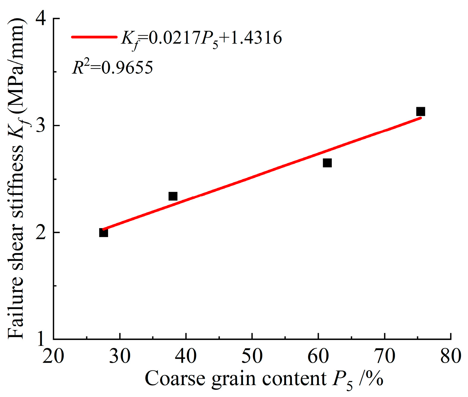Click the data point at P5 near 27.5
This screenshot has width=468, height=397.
(104, 232)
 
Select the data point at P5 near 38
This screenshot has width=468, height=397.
(173, 196)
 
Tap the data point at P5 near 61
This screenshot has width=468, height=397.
(327, 163)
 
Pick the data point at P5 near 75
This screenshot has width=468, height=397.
(420, 112)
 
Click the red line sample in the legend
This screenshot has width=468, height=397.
(94, 37)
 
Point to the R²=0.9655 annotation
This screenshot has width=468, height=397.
(112, 67)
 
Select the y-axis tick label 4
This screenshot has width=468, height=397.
(41, 19)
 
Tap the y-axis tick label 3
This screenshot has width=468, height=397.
(41, 125)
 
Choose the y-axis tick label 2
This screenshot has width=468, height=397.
(41, 232)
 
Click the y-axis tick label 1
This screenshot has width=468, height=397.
(41, 339)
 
